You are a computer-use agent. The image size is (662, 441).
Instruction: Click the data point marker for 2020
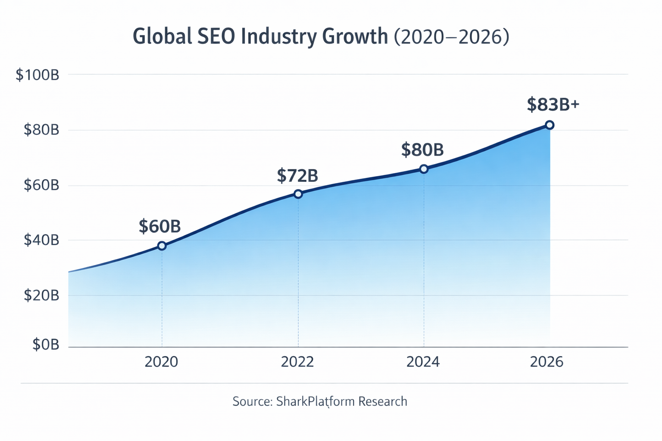tap(162, 246)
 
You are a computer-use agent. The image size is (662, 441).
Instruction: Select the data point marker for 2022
tap(298, 194)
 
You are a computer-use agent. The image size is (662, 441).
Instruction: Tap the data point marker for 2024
tap(424, 169)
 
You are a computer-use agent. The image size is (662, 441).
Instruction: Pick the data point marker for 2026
tap(550, 125)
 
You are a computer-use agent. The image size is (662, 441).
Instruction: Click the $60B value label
tap(159, 227)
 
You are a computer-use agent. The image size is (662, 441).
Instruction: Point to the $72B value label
tap(297, 176)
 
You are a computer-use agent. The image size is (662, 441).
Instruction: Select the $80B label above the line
tap(422, 150)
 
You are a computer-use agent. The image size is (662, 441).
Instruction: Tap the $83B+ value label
tap(553, 105)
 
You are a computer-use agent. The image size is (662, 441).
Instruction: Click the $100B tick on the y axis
tap(37, 75)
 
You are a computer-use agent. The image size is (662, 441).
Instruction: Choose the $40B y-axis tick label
tap(41, 240)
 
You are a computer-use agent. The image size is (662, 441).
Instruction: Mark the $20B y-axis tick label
tap(41, 295)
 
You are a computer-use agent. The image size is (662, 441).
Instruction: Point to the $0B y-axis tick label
tap(46, 345)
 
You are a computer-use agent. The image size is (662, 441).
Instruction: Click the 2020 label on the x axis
tap(161, 362)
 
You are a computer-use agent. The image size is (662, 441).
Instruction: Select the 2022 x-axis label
tap(297, 362)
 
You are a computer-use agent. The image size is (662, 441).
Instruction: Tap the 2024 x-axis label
tap(423, 362)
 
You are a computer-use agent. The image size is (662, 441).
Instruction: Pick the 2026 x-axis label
tap(546, 362)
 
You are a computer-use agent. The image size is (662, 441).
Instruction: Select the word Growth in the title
tap(355, 37)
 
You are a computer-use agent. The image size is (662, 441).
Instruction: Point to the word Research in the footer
tap(383, 401)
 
